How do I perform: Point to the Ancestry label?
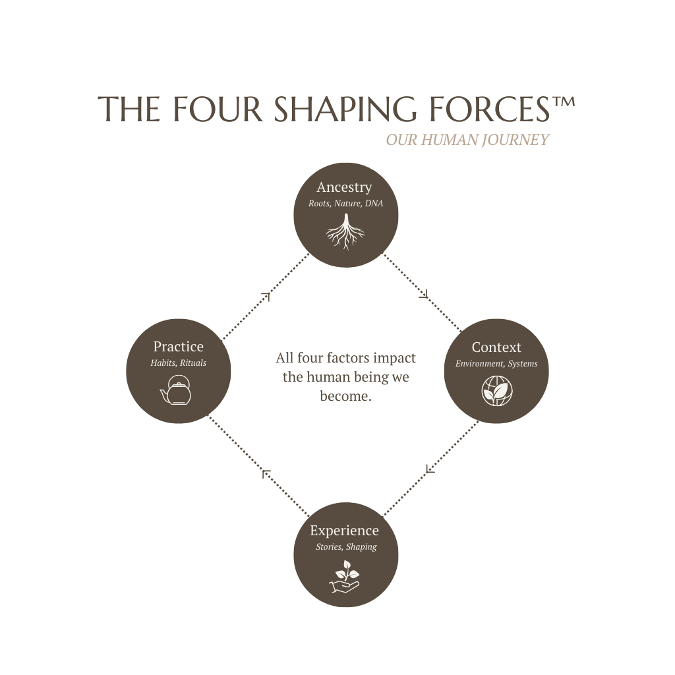[x=344, y=187]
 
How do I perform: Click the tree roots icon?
[x=345, y=232]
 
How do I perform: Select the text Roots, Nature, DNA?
[x=345, y=204]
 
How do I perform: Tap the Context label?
[x=496, y=347]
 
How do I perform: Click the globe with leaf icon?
[x=496, y=391]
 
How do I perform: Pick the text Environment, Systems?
[x=496, y=364]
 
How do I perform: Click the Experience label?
[x=344, y=531]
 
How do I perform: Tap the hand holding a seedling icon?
[x=344, y=575]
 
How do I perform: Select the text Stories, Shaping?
[x=346, y=547]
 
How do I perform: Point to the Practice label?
[x=178, y=347]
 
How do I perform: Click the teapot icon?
[x=176, y=390]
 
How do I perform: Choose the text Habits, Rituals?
[x=178, y=363]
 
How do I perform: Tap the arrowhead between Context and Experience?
[x=430, y=469]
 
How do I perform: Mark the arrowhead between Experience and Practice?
[x=266, y=473]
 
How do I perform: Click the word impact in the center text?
[x=394, y=358]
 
